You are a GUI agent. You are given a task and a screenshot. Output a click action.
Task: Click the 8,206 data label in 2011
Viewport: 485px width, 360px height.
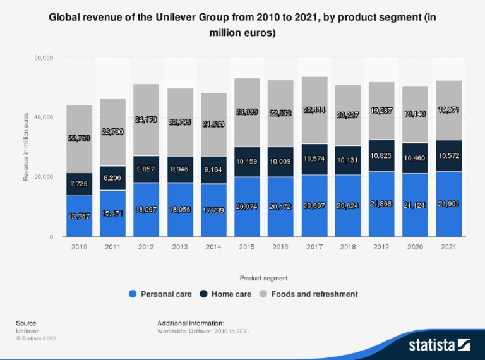(x=112, y=179)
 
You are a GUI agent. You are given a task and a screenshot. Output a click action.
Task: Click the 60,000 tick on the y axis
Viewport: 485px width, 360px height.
(x=43, y=58)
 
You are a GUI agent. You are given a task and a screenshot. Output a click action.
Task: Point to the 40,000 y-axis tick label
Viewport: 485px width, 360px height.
(x=43, y=117)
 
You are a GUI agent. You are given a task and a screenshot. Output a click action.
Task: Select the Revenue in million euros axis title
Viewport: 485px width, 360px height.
(x=26, y=147)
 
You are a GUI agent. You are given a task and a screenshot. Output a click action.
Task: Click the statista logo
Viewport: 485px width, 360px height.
(x=438, y=345)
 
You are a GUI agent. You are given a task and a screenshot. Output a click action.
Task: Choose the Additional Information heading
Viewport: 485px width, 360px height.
(x=191, y=323)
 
